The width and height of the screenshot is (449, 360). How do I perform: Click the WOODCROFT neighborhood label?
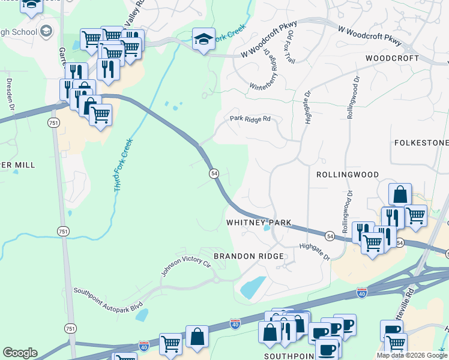[392, 58]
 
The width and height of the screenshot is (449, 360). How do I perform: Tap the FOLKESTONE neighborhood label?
[421, 143]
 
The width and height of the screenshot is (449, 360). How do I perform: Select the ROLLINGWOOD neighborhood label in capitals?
[348, 174]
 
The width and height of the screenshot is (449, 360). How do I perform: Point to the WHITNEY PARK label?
[259, 223]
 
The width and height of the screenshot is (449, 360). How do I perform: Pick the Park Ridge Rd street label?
[250, 119]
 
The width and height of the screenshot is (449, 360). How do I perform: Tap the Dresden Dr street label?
[10, 93]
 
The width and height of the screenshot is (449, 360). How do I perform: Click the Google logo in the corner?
[20, 353]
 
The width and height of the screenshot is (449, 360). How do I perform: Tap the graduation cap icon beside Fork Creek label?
[203, 39]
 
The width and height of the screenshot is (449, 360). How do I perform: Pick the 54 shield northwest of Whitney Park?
[214, 173]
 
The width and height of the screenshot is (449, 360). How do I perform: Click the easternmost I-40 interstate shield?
[361, 293]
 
